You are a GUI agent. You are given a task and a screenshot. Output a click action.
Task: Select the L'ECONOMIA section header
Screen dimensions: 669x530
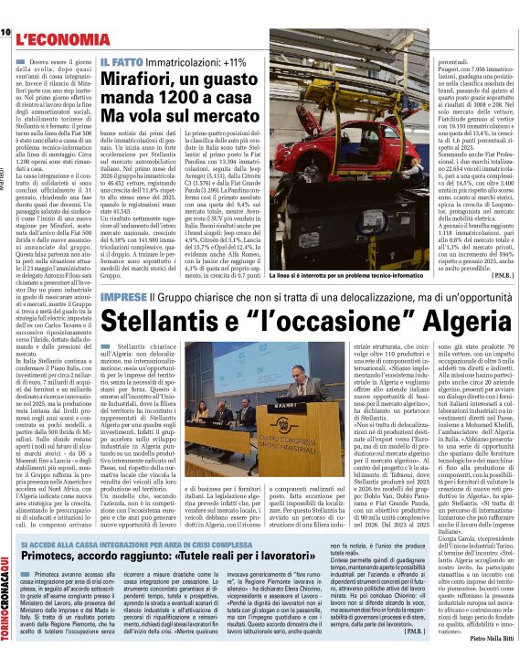[x=56, y=39]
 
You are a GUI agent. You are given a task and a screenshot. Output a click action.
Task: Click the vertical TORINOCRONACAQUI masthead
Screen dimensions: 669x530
[x=7, y=603]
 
